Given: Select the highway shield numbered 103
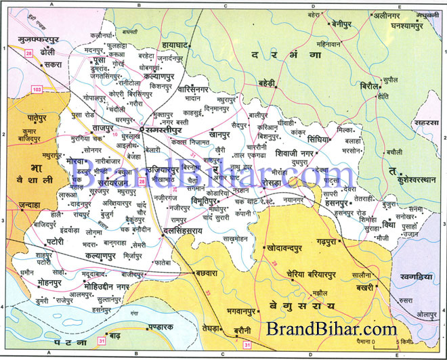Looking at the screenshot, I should point(37,88).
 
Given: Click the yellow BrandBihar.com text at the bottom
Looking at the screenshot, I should point(331,330).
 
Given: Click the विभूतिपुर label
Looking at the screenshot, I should point(209,201).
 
